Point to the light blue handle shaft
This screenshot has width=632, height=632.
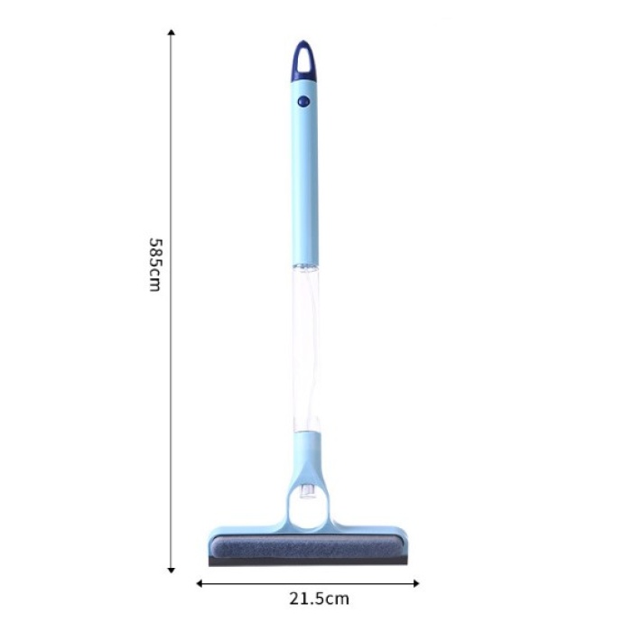point(307,181)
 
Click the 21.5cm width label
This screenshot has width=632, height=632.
point(319,598)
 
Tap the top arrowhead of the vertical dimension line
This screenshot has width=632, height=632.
point(172,33)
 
